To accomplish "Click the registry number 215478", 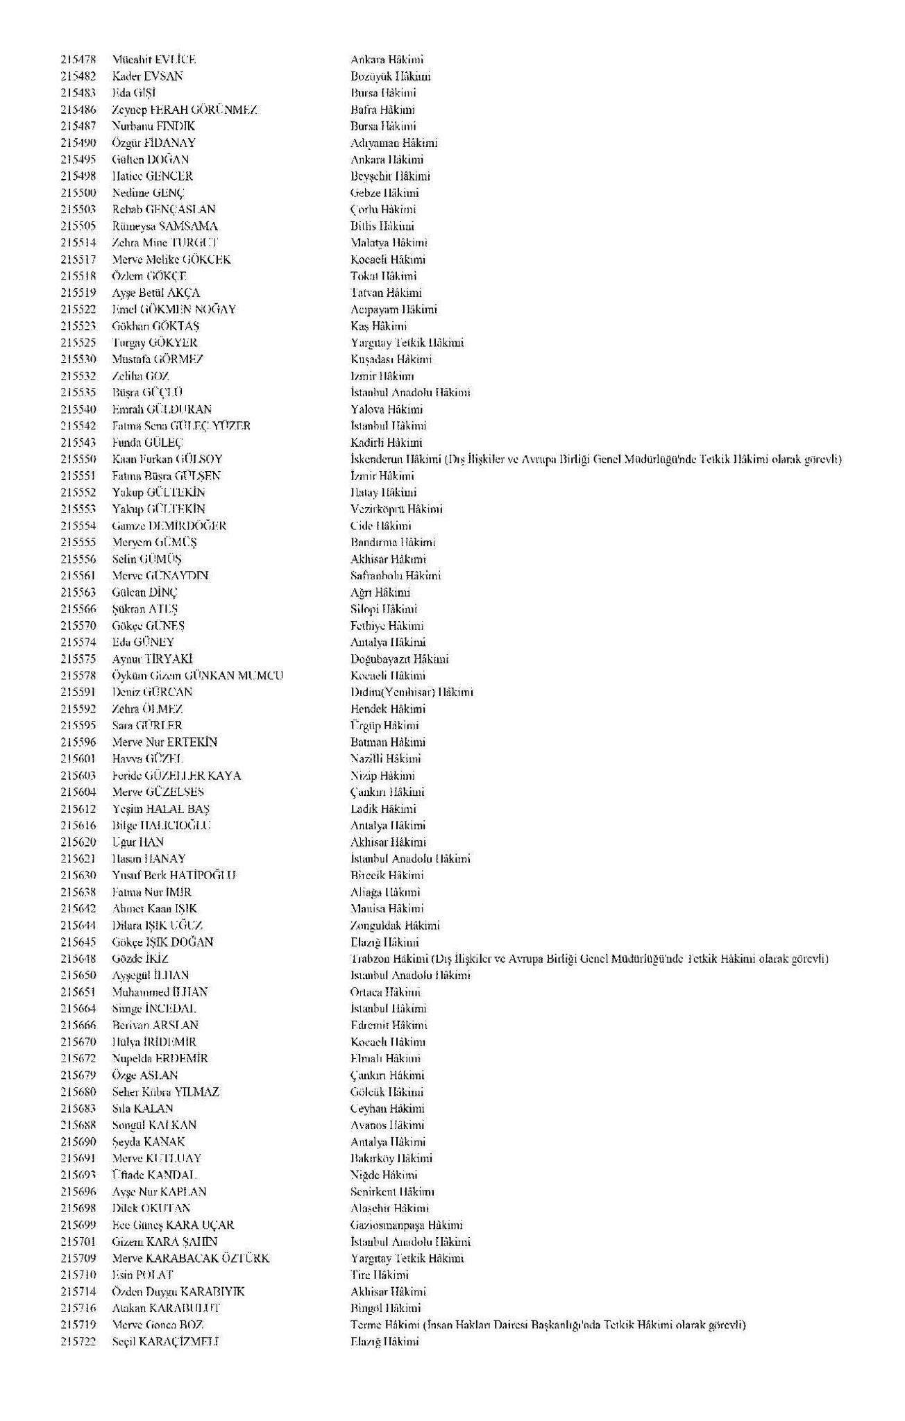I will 78,60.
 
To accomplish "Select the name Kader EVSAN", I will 148,76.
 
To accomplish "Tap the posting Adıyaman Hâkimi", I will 394,143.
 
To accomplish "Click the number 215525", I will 78,343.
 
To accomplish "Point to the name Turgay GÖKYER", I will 155,343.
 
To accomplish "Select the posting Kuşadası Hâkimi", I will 391,359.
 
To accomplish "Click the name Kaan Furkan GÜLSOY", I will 167,459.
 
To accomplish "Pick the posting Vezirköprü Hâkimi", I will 396,509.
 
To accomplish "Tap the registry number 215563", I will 78,593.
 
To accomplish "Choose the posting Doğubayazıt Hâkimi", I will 399,659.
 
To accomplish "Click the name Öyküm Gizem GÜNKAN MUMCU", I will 198,676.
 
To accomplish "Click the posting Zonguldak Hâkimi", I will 395,926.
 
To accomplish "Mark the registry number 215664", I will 78,1009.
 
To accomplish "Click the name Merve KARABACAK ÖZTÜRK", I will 191,1259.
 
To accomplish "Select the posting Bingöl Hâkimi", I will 385,1309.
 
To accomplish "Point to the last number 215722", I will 78,1342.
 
